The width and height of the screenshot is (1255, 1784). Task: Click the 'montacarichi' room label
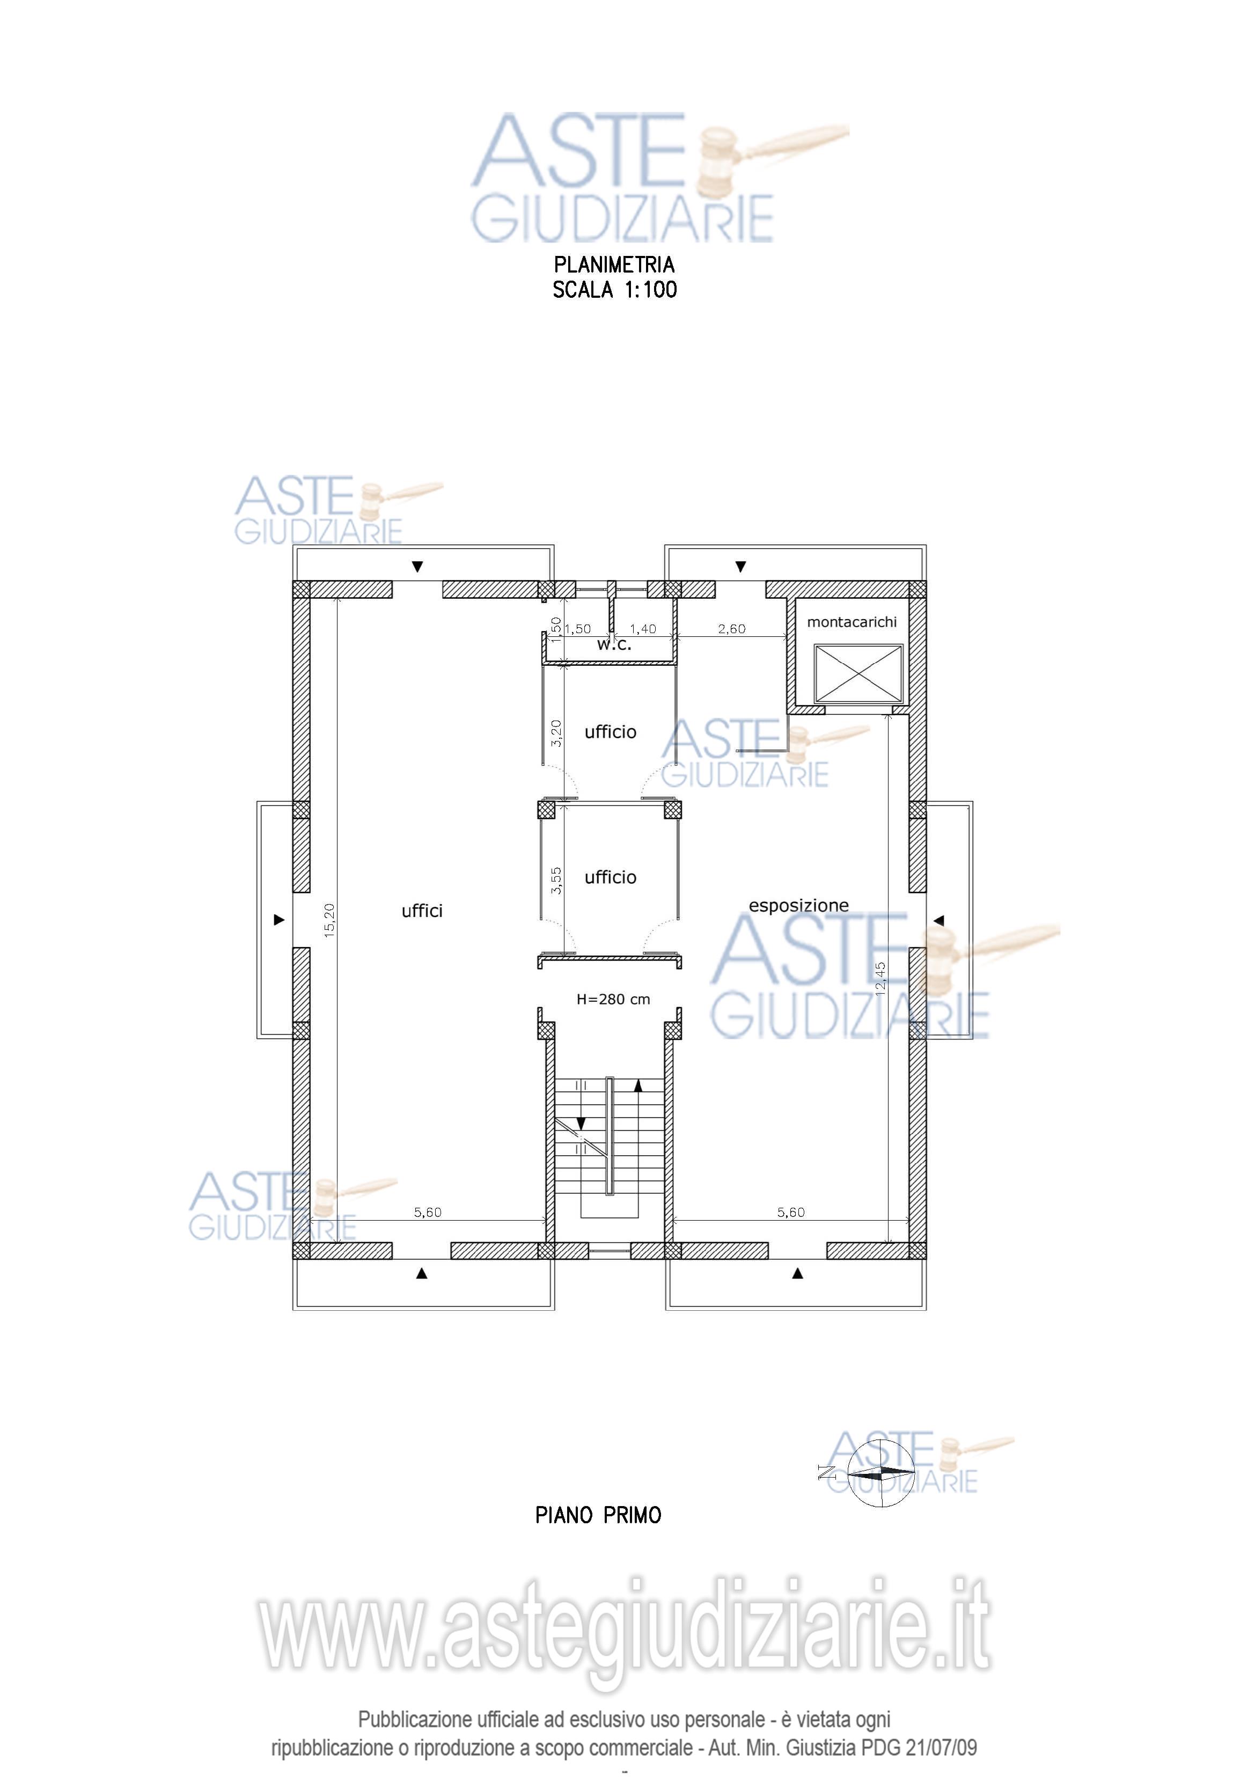pos(852,622)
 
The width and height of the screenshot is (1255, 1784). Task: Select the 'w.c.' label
pos(614,644)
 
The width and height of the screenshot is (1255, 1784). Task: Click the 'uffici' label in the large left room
pos(422,911)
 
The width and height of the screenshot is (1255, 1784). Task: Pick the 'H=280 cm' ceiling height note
pos(613,999)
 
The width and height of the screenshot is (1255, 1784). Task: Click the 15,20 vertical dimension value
pos(329,920)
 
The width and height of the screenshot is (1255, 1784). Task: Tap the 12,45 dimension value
pos(879,978)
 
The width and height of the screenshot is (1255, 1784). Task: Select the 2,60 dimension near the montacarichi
pos(731,629)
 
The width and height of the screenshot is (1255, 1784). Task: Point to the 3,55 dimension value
pos(556,880)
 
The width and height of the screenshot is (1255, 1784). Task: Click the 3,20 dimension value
pos(556,733)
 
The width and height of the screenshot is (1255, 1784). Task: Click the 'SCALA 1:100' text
pos(615,290)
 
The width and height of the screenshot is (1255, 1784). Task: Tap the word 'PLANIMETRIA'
pos(614,265)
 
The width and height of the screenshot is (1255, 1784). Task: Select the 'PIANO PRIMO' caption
pos(598,1515)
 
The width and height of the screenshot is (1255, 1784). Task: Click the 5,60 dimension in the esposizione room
pos(791,1212)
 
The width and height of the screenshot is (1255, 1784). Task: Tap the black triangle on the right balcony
pos(939,920)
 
